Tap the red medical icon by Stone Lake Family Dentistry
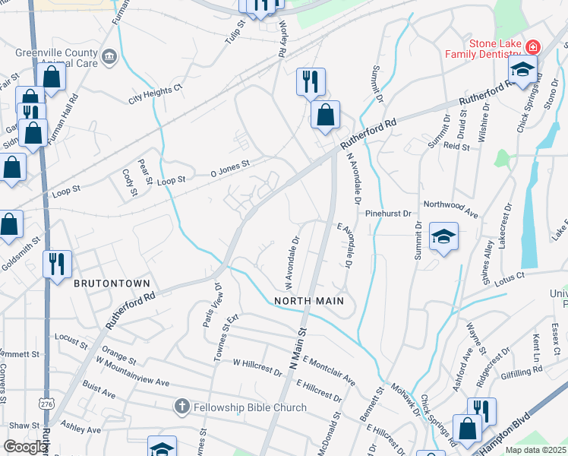(x=533, y=46)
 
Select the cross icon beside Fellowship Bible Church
(x=181, y=407)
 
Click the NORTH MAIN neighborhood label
(x=309, y=301)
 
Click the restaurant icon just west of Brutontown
(x=57, y=264)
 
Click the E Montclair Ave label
(x=328, y=369)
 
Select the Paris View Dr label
(x=211, y=305)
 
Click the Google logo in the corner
(x=25, y=447)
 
